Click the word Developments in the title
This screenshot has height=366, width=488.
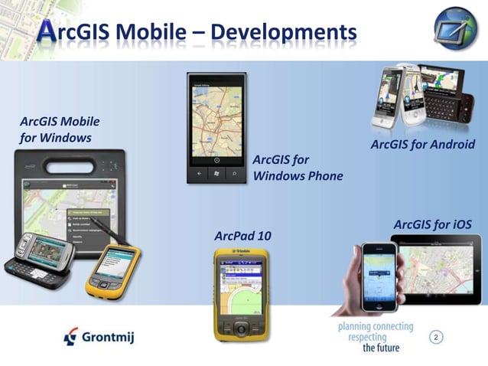tap(283, 32)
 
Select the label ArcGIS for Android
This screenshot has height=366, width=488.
tap(422, 145)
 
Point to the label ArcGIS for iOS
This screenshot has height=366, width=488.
tap(432, 224)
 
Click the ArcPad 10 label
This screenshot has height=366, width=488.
tap(242, 235)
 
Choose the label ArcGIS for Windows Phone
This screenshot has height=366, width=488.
tap(297, 168)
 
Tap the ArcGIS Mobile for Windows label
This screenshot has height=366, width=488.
tap(60, 129)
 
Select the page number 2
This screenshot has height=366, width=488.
tap(436, 337)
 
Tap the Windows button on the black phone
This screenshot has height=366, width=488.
tap(217, 174)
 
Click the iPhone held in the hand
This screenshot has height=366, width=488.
tap(379, 276)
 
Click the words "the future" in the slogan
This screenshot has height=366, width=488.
tap(380, 347)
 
